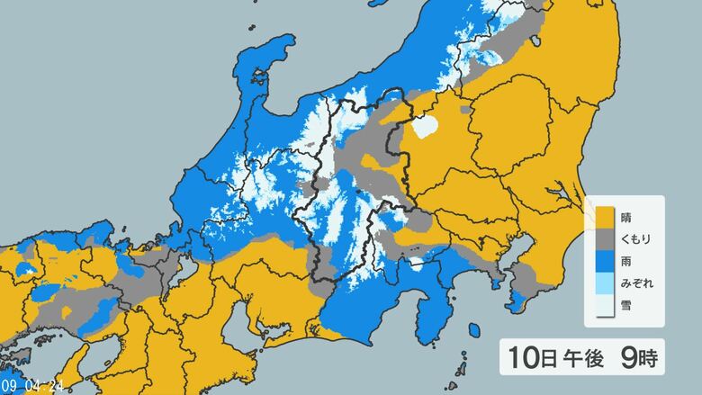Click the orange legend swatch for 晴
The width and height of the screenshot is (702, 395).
click(603, 217)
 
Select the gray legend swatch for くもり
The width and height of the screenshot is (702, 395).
click(603, 239)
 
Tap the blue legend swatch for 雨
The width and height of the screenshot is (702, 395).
click(603, 261)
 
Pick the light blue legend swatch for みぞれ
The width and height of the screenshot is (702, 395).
click(603, 283)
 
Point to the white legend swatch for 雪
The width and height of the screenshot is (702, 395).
click(603, 306)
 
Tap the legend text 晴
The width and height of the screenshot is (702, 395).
click(626, 217)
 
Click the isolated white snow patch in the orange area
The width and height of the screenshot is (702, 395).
click(426, 129)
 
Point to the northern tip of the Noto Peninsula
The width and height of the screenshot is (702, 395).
click(286, 42)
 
